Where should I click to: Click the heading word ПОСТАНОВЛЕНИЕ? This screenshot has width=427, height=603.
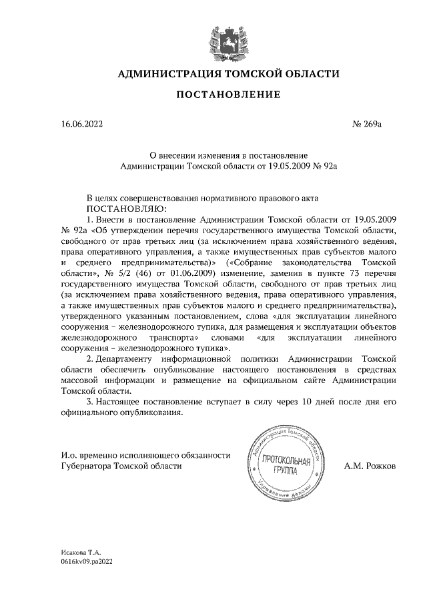228,95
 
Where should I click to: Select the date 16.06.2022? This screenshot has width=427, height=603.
79,123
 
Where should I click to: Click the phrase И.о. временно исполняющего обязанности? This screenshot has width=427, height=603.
145,455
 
